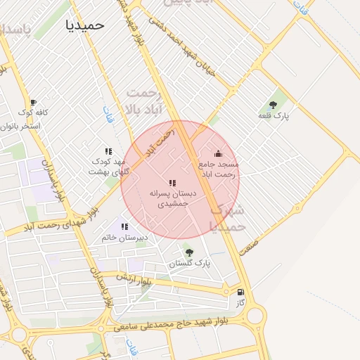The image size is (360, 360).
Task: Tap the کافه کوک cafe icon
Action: [x=33, y=103]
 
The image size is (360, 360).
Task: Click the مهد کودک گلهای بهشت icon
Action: [x=108, y=151]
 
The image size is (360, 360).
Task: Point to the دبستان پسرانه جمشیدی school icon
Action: [x=172, y=183]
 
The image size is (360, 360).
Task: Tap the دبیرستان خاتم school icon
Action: [x=124, y=226]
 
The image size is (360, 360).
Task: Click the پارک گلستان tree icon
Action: [x=188, y=252]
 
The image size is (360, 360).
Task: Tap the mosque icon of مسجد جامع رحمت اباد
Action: [x=218, y=154]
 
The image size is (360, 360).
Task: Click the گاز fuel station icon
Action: [x=241, y=292]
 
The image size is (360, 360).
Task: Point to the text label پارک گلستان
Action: [x=190, y=264]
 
